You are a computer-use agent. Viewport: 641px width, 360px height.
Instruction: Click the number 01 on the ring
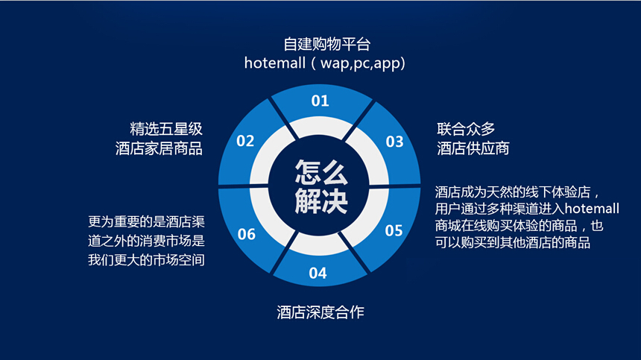pyautogui.click(x=320, y=101)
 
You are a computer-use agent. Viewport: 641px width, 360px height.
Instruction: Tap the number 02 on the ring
pyautogui.click(x=245, y=141)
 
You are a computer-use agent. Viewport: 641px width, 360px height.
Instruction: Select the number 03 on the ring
pyautogui.click(x=394, y=142)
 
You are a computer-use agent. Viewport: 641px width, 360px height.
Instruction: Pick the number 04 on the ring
pyautogui.click(x=318, y=273)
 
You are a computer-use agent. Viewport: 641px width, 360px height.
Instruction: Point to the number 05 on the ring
pyautogui.click(x=394, y=230)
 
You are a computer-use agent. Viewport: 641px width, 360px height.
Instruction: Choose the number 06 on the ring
pyautogui.click(x=247, y=234)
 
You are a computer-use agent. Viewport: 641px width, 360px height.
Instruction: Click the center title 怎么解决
pyautogui.click(x=321, y=186)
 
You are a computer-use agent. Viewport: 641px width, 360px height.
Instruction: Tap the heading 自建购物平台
pyautogui.click(x=327, y=44)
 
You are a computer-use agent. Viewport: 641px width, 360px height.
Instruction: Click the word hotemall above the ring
pyautogui.click(x=275, y=63)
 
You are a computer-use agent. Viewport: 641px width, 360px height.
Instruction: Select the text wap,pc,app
pyautogui.click(x=360, y=64)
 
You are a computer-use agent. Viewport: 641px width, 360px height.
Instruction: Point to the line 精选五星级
pyautogui.click(x=166, y=129)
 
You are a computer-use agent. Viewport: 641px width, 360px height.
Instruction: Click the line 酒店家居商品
pyautogui.click(x=159, y=148)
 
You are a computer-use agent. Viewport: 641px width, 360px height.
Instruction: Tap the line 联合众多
pyautogui.click(x=466, y=129)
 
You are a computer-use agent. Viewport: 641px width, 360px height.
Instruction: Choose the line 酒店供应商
pyautogui.click(x=473, y=148)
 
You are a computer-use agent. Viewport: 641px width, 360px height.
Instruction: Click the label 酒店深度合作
pyautogui.click(x=320, y=312)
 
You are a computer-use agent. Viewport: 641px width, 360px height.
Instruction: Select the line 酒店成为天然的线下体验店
pyautogui.click(x=513, y=192)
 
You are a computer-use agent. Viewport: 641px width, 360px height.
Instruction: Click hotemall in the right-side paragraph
pyautogui.click(x=592, y=209)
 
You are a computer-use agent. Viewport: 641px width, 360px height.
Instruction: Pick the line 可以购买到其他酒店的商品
pyautogui.click(x=513, y=242)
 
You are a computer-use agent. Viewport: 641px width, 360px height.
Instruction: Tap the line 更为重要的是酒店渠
pyautogui.click(x=146, y=222)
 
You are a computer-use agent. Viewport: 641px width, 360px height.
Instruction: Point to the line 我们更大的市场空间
pyautogui.click(x=146, y=260)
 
